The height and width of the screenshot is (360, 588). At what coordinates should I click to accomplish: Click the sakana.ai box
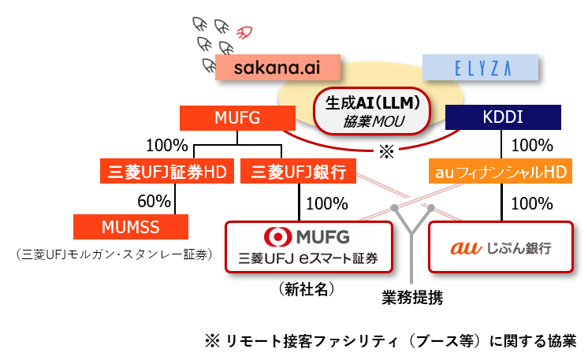[x=277, y=67]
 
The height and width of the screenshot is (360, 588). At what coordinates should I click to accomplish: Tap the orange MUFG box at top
[x=232, y=118]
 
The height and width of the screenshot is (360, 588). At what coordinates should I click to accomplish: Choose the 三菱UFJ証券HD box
[x=167, y=171]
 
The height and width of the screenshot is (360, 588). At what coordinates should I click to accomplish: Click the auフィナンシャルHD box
[x=503, y=171]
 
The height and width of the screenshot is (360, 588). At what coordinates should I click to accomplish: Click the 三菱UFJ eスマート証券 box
[x=309, y=247]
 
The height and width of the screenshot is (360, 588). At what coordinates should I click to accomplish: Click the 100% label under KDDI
[x=531, y=145]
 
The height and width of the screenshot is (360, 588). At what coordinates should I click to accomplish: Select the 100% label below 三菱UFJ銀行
[x=327, y=202]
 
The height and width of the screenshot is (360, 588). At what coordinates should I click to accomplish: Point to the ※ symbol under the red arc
[x=386, y=151]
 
